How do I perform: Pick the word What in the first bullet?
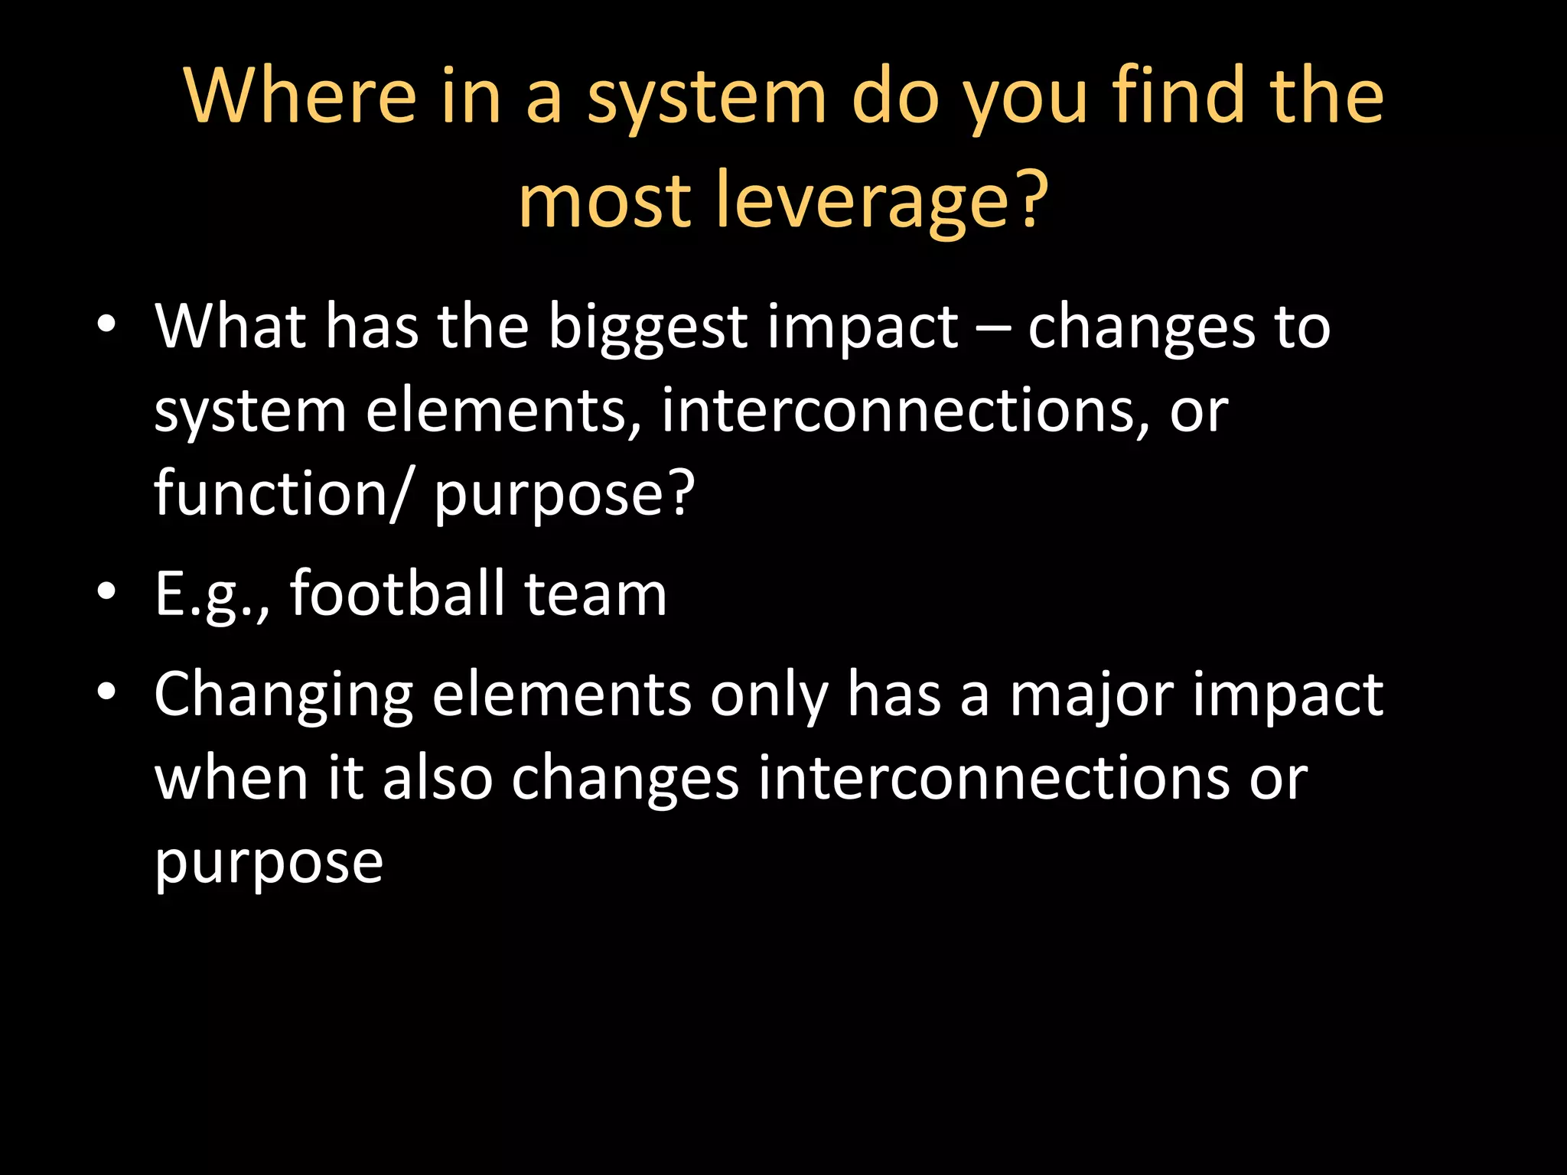click(230, 327)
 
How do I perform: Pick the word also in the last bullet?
click(438, 778)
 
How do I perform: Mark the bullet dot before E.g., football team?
click(106, 591)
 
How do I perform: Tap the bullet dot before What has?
click(106, 324)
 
